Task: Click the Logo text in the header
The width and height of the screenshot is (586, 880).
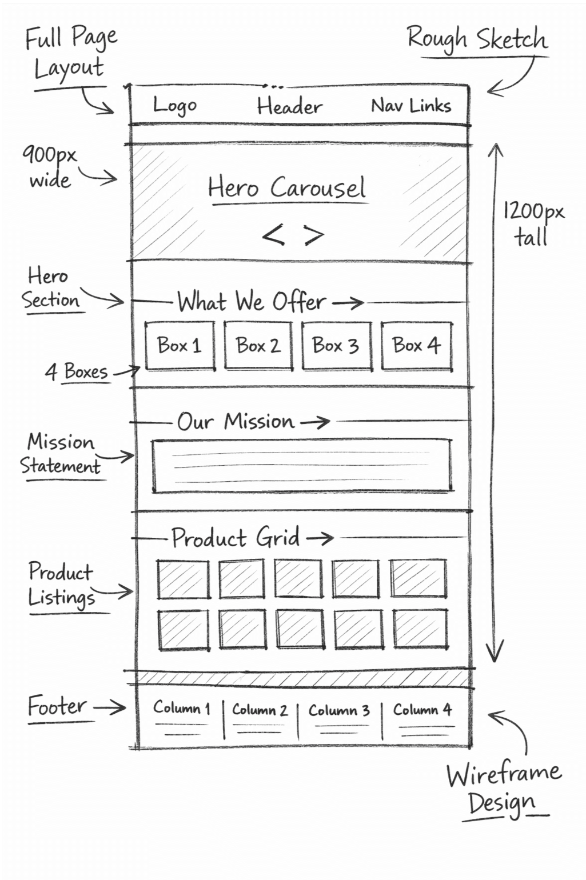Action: click(175, 106)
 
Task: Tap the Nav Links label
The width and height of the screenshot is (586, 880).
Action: click(411, 106)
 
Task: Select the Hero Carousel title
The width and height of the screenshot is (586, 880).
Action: click(286, 187)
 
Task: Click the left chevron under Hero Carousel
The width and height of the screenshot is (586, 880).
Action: click(273, 234)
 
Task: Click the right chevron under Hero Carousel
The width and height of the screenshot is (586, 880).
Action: click(314, 234)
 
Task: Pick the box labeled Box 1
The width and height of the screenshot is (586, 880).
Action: click(180, 346)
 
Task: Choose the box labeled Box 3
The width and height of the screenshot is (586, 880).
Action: click(336, 346)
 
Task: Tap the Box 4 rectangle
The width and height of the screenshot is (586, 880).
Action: click(416, 346)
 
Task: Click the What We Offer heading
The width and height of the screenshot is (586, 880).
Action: click(252, 302)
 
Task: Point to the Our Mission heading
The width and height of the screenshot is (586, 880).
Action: click(236, 422)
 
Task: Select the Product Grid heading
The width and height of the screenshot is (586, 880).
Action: click(236, 538)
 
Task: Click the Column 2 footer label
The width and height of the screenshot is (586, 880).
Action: click(260, 710)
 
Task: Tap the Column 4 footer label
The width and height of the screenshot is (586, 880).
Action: click(422, 710)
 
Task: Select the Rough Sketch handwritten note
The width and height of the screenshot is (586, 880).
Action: click(477, 39)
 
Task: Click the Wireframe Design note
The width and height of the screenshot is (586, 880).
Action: click(504, 789)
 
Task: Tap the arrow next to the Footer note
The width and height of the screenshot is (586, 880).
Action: click(110, 707)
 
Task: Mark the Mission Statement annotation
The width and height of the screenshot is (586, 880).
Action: click(61, 454)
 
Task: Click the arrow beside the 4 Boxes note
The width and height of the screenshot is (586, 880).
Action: click(126, 372)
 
